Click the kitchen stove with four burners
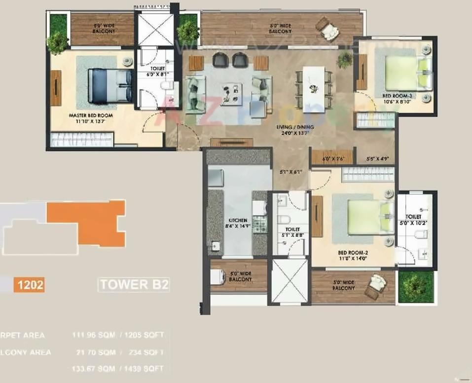[259, 225]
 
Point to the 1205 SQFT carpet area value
[145, 335]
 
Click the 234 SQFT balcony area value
[147, 352]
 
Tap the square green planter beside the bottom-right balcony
[416, 287]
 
